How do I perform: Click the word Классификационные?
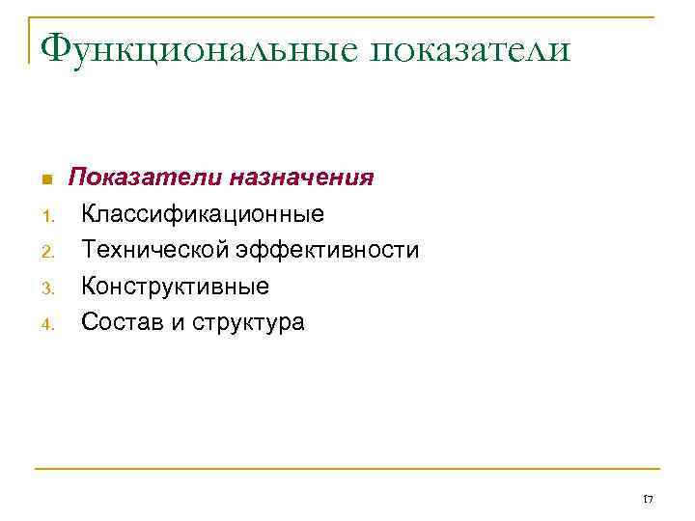click(203, 214)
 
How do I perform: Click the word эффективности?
click(335, 250)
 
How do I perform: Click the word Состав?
click(123, 321)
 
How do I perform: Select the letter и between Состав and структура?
click(177, 322)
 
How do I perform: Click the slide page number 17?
click(648, 499)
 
